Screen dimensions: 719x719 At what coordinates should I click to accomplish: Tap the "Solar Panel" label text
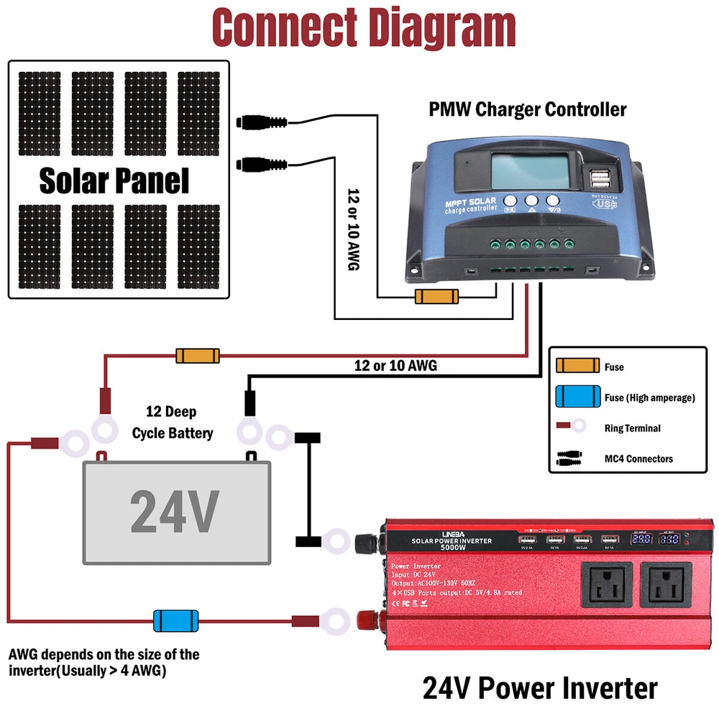(x=114, y=180)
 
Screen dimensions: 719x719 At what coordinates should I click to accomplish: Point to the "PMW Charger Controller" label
(x=528, y=110)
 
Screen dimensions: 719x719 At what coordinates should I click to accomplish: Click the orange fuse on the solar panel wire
(x=436, y=296)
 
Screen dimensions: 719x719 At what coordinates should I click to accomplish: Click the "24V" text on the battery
(x=175, y=510)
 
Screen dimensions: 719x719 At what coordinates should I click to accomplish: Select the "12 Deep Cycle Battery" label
(x=173, y=423)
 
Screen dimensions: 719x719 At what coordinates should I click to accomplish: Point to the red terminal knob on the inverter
(x=362, y=618)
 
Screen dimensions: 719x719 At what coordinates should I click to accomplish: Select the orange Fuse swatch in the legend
(x=577, y=366)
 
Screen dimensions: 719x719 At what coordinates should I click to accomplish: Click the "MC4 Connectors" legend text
(x=639, y=459)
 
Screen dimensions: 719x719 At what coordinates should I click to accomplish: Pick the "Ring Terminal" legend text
(x=632, y=428)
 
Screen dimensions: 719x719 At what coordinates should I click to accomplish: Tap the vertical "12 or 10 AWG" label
(x=353, y=229)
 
